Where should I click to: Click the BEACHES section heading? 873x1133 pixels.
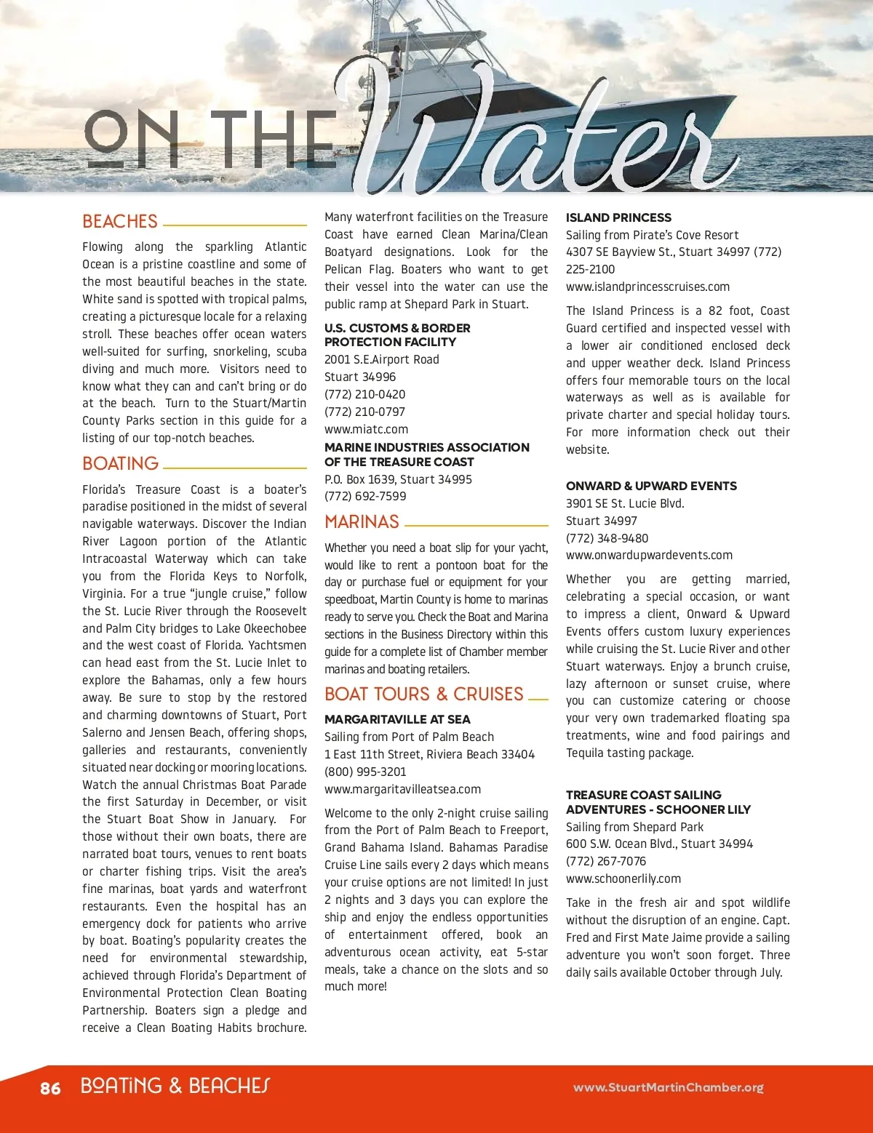[x=120, y=222]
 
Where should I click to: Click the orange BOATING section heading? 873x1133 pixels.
[x=121, y=464]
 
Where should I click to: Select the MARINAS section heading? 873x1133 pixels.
[x=362, y=522]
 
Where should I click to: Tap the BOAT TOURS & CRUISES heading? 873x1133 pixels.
[x=424, y=694]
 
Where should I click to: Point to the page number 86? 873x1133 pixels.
[x=50, y=1088]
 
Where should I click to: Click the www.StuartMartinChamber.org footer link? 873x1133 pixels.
[x=668, y=1088]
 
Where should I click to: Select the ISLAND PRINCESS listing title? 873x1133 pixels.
[x=618, y=217]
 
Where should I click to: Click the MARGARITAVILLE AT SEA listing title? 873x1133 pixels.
[x=397, y=719]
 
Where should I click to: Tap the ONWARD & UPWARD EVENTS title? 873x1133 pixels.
[x=651, y=486]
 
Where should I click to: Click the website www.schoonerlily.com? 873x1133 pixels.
[x=623, y=878]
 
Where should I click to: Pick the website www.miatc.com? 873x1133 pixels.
[x=366, y=429]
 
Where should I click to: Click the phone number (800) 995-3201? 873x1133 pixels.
[x=365, y=772]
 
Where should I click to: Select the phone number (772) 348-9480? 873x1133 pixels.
[x=607, y=538]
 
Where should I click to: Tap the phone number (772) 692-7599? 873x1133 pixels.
[x=365, y=496]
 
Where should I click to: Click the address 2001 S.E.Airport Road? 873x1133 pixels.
[x=382, y=359]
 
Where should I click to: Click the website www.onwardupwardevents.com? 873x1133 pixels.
[x=649, y=555]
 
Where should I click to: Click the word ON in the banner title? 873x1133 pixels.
[x=131, y=140]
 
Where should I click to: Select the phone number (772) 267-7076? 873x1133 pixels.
[x=605, y=861]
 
